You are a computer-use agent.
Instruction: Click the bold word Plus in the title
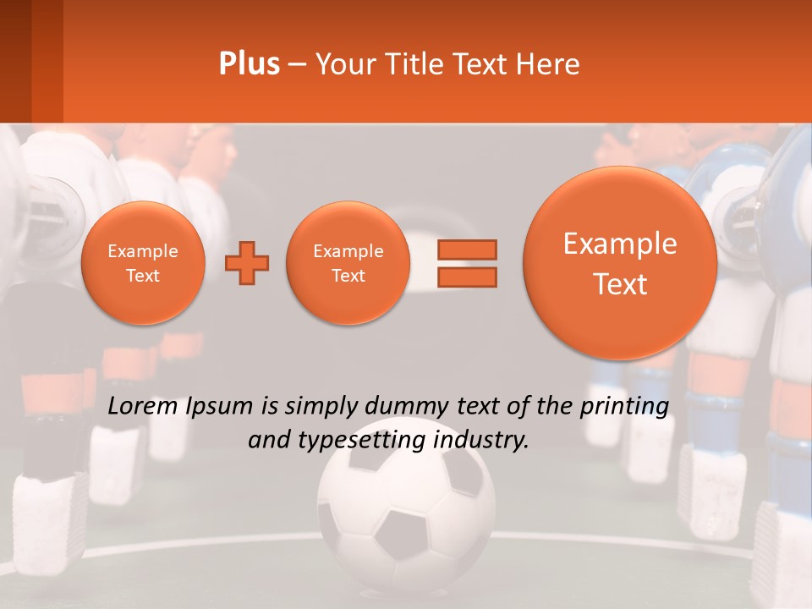point(250,64)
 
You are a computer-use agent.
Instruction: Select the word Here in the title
point(548,64)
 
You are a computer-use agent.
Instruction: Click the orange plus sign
point(247,263)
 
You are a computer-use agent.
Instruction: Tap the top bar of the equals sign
point(467,250)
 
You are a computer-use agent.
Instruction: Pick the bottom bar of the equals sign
point(467,277)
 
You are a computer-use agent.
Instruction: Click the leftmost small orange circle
point(143,263)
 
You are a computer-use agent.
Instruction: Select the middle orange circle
point(348,263)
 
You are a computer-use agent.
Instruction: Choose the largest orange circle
point(620,263)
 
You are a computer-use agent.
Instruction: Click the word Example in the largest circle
point(620,244)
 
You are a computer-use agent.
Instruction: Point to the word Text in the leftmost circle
point(143,276)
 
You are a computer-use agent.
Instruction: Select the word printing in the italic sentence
point(627,407)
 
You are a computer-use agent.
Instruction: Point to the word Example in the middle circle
point(348,251)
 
